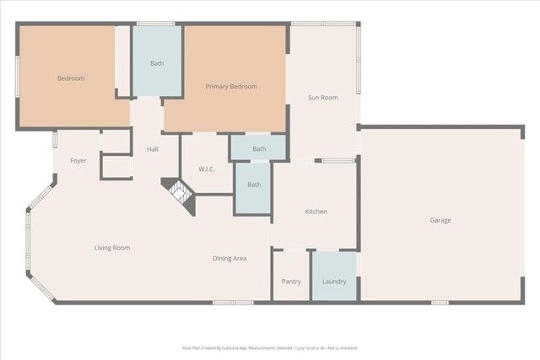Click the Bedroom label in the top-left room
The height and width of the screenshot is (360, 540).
pyautogui.click(x=70, y=78)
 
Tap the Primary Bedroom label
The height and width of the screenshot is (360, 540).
pyautogui.click(x=231, y=86)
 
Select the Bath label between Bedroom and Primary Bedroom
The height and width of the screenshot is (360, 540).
pyautogui.click(x=157, y=63)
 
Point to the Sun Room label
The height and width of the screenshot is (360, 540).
pyautogui.click(x=323, y=98)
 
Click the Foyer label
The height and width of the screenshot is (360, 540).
pyautogui.click(x=78, y=160)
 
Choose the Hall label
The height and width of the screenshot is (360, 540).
pyautogui.click(x=153, y=149)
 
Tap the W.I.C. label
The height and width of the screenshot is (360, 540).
pyautogui.click(x=207, y=169)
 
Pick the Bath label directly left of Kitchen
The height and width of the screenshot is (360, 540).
pyautogui.click(x=253, y=185)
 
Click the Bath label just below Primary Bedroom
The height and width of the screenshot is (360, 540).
pyautogui.click(x=259, y=149)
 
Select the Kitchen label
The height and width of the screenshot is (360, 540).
pyautogui.click(x=316, y=212)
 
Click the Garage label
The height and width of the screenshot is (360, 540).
pyautogui.click(x=440, y=220)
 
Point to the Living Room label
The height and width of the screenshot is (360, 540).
pyautogui.click(x=111, y=248)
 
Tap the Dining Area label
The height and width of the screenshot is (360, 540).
pyautogui.click(x=229, y=258)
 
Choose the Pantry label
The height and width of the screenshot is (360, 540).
pyautogui.click(x=290, y=282)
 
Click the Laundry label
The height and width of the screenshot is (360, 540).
pyautogui.click(x=334, y=282)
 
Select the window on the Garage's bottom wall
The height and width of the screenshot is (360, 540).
pyautogui.click(x=439, y=302)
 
